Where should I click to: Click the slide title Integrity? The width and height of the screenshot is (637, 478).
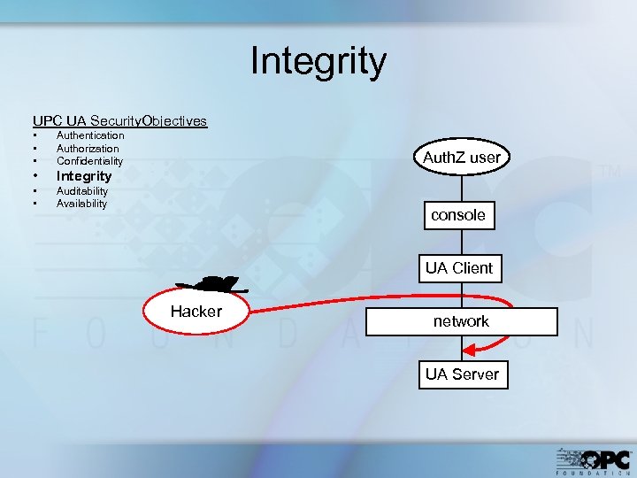pos(318,62)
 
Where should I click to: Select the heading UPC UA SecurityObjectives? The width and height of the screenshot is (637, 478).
pos(119,120)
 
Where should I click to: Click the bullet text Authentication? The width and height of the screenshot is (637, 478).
pos(90,135)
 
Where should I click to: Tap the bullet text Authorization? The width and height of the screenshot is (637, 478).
pos(88,149)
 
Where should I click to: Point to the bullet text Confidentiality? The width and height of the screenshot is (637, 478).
pos(89,161)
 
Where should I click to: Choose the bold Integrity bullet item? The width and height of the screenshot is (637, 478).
pos(84,176)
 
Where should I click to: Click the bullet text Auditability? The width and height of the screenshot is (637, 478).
pos(82,190)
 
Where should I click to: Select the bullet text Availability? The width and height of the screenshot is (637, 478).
pos(81,203)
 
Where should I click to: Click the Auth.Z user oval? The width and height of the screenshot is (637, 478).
pos(461,158)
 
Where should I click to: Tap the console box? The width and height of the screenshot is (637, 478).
pos(458,215)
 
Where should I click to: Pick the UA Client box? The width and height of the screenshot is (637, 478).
pos(459,268)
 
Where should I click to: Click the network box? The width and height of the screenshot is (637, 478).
pos(461,321)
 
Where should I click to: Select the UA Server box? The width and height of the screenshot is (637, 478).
pos(462,374)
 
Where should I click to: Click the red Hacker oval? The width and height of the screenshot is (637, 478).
pos(196,312)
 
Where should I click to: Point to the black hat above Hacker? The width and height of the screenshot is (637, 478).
pos(212,284)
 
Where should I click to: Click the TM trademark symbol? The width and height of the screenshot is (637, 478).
pos(610,172)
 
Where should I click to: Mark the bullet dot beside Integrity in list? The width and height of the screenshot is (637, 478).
pos(35,176)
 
